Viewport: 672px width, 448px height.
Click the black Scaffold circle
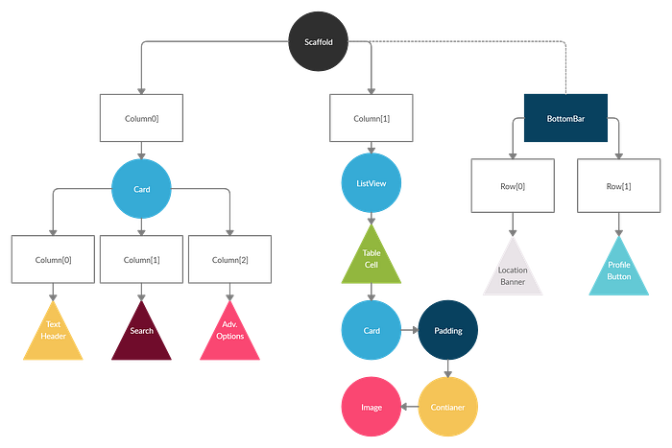point(322,40)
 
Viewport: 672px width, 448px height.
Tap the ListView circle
point(371,182)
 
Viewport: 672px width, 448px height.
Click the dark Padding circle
point(448,331)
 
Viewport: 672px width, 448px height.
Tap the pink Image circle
point(371,407)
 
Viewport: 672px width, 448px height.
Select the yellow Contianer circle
point(448,407)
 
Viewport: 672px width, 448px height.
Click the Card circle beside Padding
point(371,331)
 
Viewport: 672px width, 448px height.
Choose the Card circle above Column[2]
point(142,189)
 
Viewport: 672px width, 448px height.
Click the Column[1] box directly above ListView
point(371,117)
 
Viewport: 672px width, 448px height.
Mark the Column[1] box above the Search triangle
point(142,260)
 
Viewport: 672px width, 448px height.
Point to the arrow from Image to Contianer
point(410,407)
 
